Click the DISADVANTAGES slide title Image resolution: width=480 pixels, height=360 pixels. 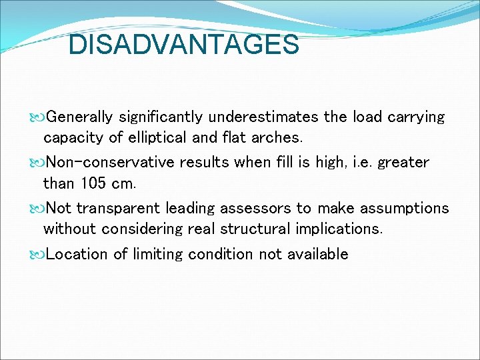point(184,45)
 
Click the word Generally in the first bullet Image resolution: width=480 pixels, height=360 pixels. point(81,117)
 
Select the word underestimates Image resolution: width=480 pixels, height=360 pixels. point(263,117)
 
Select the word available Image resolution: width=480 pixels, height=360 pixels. point(317,254)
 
